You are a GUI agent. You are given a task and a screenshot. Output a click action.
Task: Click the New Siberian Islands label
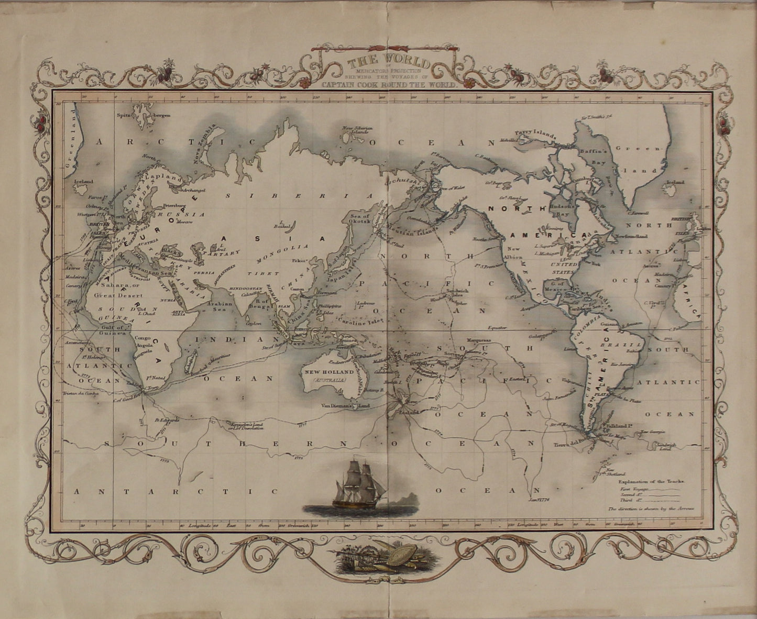[357, 130]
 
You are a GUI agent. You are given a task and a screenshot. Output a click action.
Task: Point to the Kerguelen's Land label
[246, 425]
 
